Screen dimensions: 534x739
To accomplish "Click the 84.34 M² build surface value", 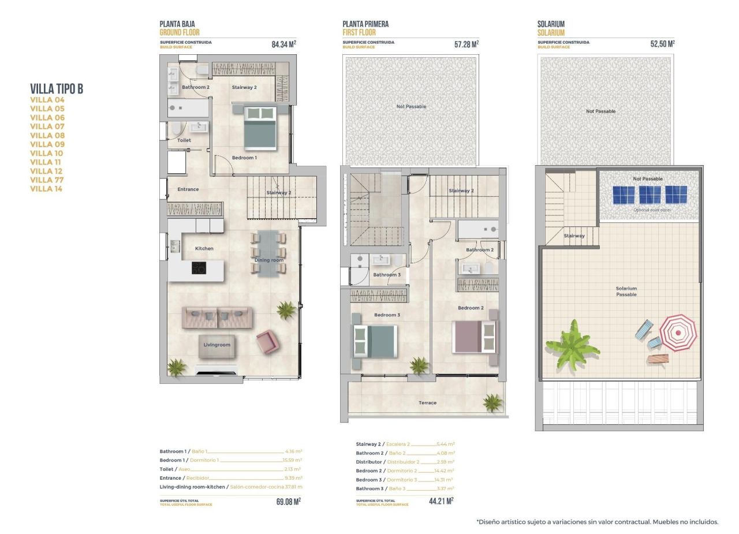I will point(283,44).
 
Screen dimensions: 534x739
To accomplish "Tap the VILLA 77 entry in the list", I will point(47,180).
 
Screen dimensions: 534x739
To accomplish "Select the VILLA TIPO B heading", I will point(57,88).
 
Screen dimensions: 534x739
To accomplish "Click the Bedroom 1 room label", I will point(244,158).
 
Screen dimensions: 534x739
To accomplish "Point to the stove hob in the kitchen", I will point(199,268).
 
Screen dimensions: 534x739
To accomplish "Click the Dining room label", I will point(269,260).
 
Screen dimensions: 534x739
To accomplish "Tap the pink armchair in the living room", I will point(267,342).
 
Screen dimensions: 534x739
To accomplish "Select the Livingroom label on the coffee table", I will point(217,345).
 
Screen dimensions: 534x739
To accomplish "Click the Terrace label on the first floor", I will point(427,403).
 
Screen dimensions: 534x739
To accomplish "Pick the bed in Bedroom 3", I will point(375,341).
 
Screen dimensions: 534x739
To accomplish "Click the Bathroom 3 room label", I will point(386,275).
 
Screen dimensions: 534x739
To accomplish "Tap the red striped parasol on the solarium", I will point(678,333).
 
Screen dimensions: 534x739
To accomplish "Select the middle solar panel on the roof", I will point(650,195).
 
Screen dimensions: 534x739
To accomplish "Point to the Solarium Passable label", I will point(626,292).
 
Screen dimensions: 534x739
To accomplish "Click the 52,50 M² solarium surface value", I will point(662,44).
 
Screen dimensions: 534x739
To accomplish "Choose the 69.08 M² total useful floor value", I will point(288,502).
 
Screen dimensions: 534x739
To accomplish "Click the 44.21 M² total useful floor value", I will point(441,501).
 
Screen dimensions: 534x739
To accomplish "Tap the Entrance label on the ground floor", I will point(188,189).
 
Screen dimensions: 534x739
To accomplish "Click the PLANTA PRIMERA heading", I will point(365,24).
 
